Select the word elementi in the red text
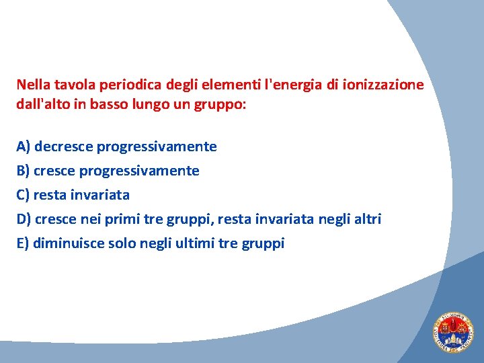pyautogui.click(x=233, y=85)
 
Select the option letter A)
pyautogui.click(x=24, y=147)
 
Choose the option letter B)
pyautogui.click(x=24, y=171)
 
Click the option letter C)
pyautogui.click(x=24, y=195)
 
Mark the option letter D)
pyautogui.click(x=24, y=219)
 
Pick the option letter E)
pyautogui.click(x=23, y=243)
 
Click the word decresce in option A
pyautogui.click(x=64, y=147)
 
